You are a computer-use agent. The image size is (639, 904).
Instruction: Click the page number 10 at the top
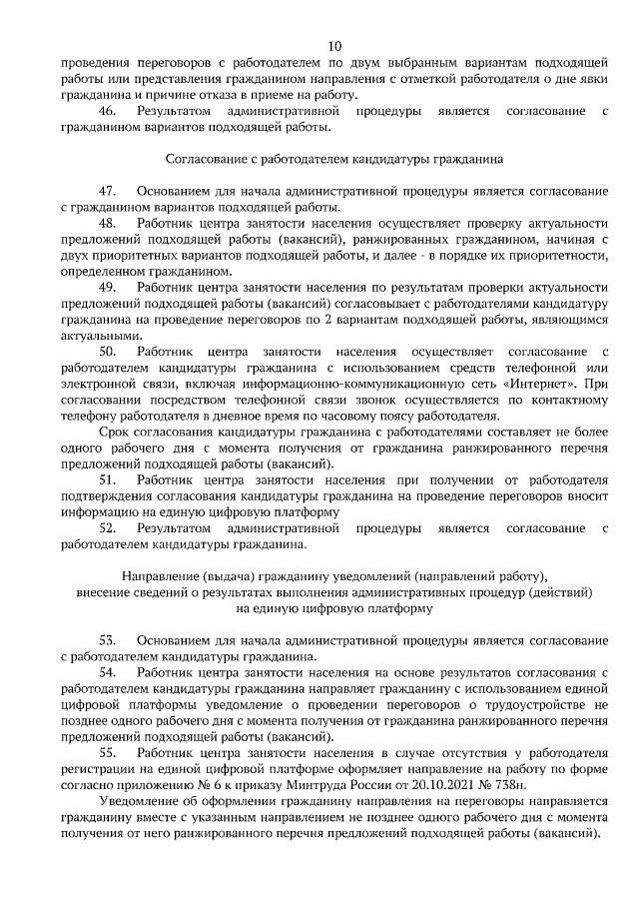click(334, 46)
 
